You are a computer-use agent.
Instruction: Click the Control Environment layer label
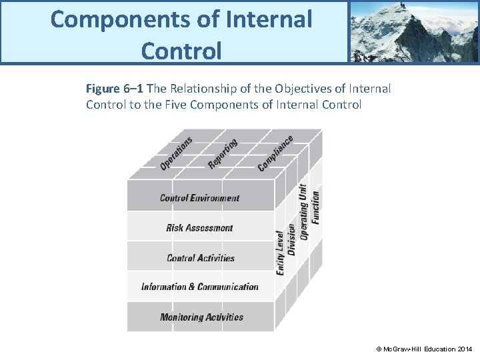click(199, 198)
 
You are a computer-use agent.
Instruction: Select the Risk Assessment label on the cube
click(199, 228)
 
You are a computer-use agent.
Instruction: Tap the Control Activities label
click(200, 258)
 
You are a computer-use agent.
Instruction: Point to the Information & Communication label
click(200, 287)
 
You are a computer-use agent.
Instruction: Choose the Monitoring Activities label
click(201, 317)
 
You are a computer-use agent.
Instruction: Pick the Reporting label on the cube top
click(223, 154)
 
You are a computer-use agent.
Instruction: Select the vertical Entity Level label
click(280, 253)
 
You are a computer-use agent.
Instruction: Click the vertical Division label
click(291, 239)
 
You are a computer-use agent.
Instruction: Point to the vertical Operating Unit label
click(304, 212)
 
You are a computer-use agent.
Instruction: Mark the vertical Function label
click(315, 207)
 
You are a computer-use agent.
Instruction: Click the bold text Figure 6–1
click(115, 89)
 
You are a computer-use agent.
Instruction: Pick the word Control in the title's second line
click(181, 50)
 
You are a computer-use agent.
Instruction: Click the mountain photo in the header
click(413, 31)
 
